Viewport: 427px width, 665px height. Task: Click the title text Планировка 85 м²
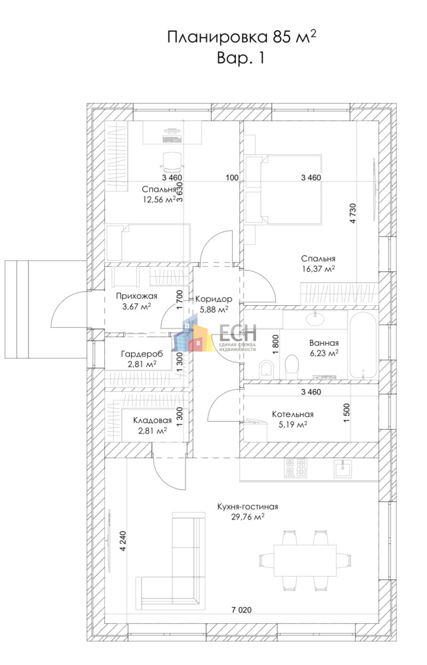[241, 37]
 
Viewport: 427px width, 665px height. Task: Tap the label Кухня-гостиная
[247, 506]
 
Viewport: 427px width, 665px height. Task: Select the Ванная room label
[324, 343]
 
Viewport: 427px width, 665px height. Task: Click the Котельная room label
[293, 414]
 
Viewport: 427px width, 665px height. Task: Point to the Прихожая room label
[136, 297]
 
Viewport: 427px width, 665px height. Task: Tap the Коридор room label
[213, 299]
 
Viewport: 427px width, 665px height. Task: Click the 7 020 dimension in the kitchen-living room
[241, 610]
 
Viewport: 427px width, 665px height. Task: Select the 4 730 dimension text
[353, 213]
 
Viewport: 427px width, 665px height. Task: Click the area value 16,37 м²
[318, 269]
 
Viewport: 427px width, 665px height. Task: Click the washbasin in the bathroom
[315, 319]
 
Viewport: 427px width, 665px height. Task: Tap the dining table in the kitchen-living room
[305, 560]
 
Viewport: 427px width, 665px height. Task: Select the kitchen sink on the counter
[342, 469]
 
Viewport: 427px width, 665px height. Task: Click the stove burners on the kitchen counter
[295, 467]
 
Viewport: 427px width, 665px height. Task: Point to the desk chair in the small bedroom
[172, 162]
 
